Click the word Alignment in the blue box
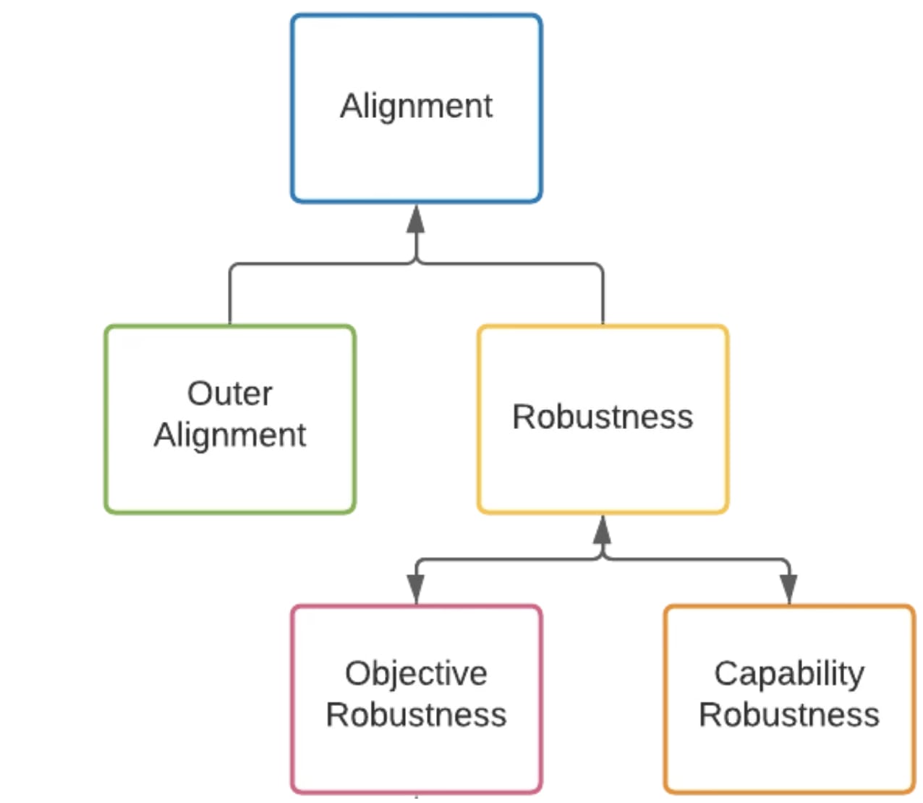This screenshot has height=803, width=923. click(x=416, y=106)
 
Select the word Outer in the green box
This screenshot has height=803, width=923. click(x=229, y=394)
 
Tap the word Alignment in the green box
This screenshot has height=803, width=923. click(x=229, y=435)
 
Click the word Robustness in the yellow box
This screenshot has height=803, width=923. click(x=602, y=417)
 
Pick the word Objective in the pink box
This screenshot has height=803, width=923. click(x=416, y=674)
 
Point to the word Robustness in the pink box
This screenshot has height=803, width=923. click(x=416, y=715)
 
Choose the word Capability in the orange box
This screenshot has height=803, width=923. click(x=788, y=674)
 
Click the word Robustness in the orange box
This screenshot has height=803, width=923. click(x=788, y=715)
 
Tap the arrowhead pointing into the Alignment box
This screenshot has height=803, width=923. click(x=416, y=218)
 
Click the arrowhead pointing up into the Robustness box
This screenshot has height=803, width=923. click(x=602, y=530)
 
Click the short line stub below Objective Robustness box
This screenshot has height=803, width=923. click(x=416, y=797)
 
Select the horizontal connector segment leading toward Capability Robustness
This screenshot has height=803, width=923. click(x=694, y=559)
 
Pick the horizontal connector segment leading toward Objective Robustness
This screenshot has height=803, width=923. click(x=506, y=559)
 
